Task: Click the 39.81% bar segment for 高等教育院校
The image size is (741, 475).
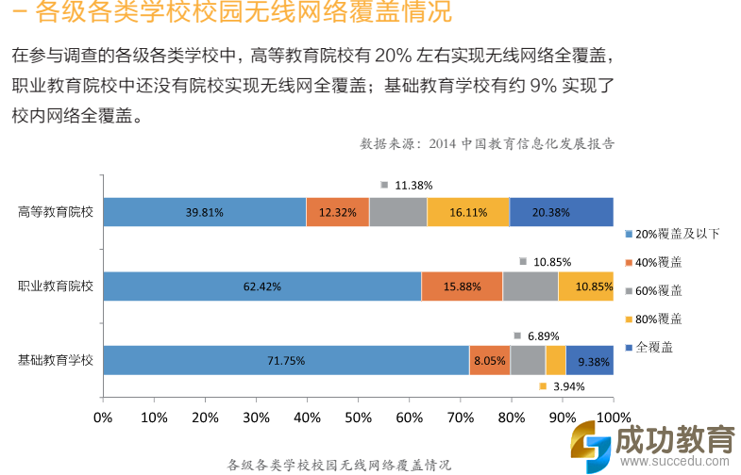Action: point(204,212)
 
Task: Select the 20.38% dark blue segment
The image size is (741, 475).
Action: point(562,212)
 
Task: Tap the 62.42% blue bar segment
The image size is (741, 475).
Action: point(261,286)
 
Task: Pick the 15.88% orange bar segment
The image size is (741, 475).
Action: point(462,286)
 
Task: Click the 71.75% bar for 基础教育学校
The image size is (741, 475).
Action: point(285,360)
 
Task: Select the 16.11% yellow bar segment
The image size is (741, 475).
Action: point(468,212)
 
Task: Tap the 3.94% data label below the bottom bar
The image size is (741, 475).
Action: point(568,386)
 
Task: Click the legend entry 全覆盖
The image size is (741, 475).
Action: point(654,347)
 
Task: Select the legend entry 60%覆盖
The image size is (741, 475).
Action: point(659,290)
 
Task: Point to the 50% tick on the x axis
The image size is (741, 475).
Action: point(358,417)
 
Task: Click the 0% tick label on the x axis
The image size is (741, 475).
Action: point(103,417)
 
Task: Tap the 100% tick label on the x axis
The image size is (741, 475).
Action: point(613,417)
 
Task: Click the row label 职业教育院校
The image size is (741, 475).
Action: point(56,286)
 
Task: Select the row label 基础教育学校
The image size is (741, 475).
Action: point(56,360)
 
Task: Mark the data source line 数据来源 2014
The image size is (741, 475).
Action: point(487,144)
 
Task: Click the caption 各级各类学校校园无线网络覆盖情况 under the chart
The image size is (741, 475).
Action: point(339,465)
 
